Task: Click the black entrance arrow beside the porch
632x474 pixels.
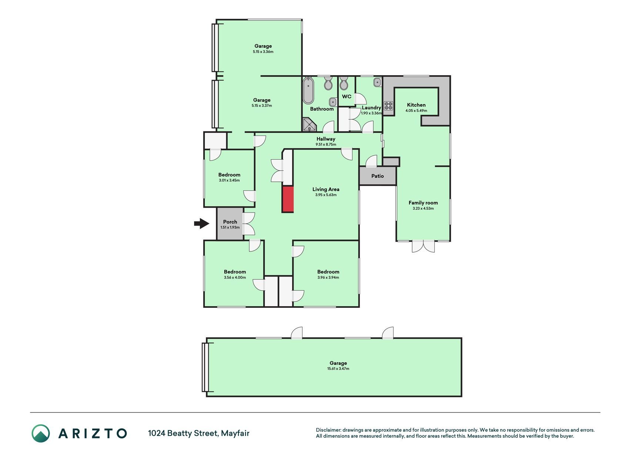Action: coord(202,223)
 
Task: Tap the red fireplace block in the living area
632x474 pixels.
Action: coord(288,199)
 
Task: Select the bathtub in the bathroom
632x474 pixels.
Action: coord(308,91)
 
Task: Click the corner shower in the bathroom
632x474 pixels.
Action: coord(310,125)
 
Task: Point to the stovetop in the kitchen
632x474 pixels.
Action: coord(388,106)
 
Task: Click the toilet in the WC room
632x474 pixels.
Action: coord(344,84)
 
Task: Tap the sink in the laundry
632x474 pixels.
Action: coord(377,82)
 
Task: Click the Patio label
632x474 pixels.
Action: coord(378,176)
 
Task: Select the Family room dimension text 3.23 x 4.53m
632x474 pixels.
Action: coord(423,208)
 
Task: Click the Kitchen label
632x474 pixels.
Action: coord(416,105)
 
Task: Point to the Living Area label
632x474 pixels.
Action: coord(326,189)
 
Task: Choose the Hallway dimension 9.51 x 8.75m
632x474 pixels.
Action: coord(326,144)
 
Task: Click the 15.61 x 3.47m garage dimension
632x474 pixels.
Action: coord(338,369)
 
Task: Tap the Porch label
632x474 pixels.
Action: coord(230,222)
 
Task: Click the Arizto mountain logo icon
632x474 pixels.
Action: coord(40,433)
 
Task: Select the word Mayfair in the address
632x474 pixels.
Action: coord(235,433)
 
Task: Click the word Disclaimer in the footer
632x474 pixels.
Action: coord(328,430)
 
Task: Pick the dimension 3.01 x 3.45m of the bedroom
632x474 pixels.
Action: coord(229,180)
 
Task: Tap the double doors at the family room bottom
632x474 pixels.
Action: coord(423,246)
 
